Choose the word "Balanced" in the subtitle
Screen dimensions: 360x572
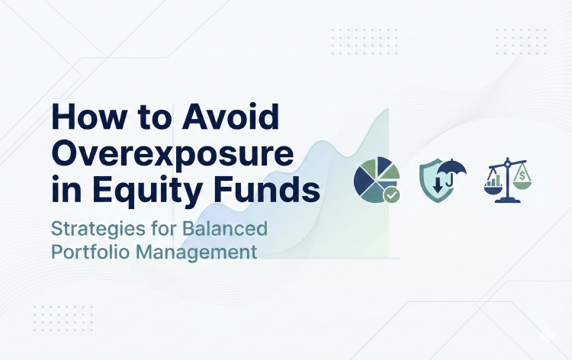(229, 227)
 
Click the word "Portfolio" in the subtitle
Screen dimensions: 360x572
(97, 252)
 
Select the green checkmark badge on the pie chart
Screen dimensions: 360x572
(391, 196)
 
